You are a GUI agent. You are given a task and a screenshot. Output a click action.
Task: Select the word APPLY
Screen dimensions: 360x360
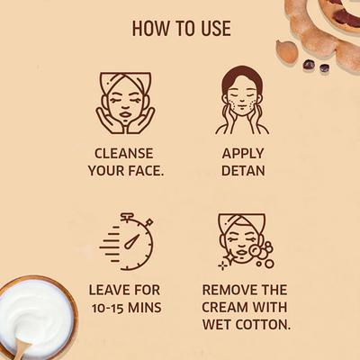point(242,152)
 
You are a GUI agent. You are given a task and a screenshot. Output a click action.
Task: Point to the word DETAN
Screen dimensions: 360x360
point(242,169)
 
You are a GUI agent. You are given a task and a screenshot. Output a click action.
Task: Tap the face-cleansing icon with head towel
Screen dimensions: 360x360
point(125,102)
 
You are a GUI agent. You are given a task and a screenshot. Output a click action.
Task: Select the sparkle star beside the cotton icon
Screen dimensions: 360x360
point(222,265)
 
